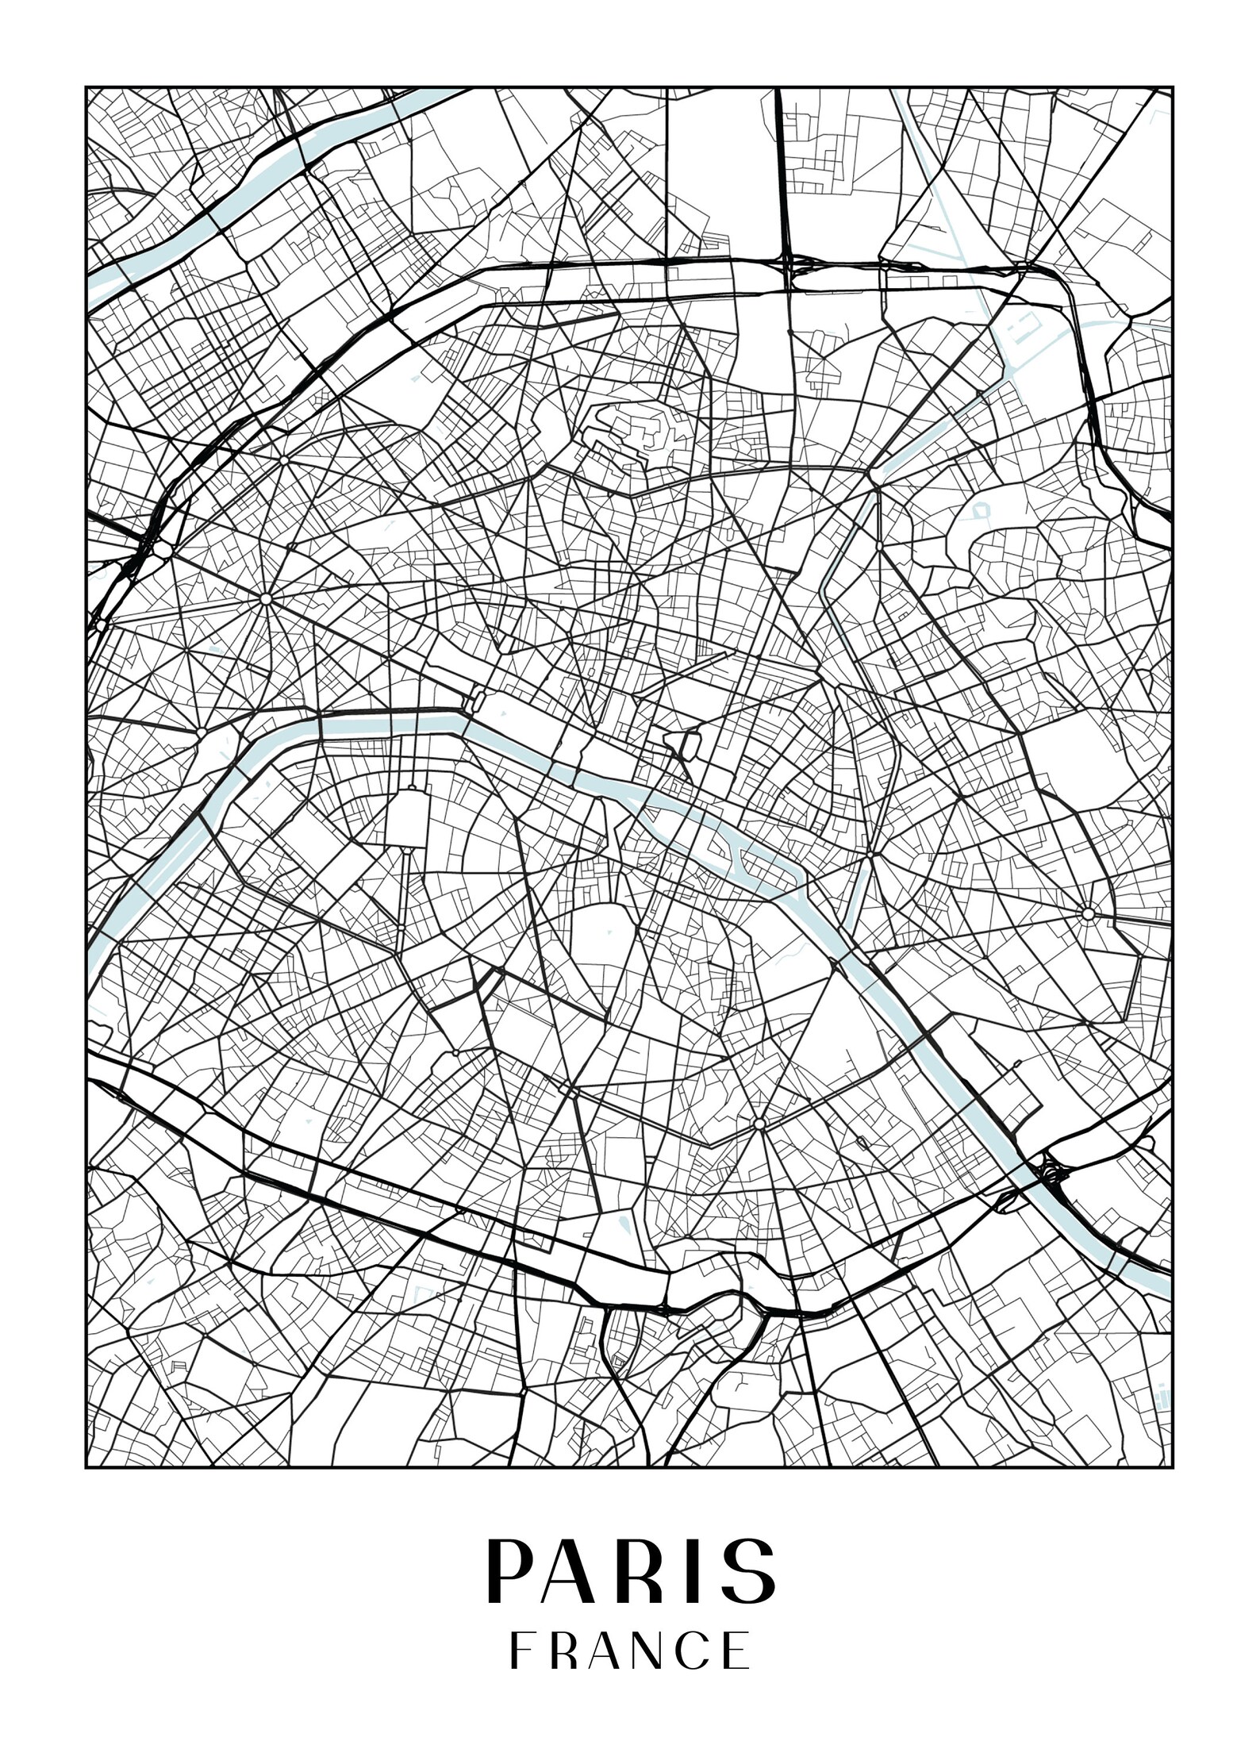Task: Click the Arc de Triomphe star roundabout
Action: tap(266, 598)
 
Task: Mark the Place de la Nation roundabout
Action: tap(1087, 914)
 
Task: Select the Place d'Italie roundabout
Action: tap(759, 1124)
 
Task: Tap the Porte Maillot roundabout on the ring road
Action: tap(163, 549)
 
